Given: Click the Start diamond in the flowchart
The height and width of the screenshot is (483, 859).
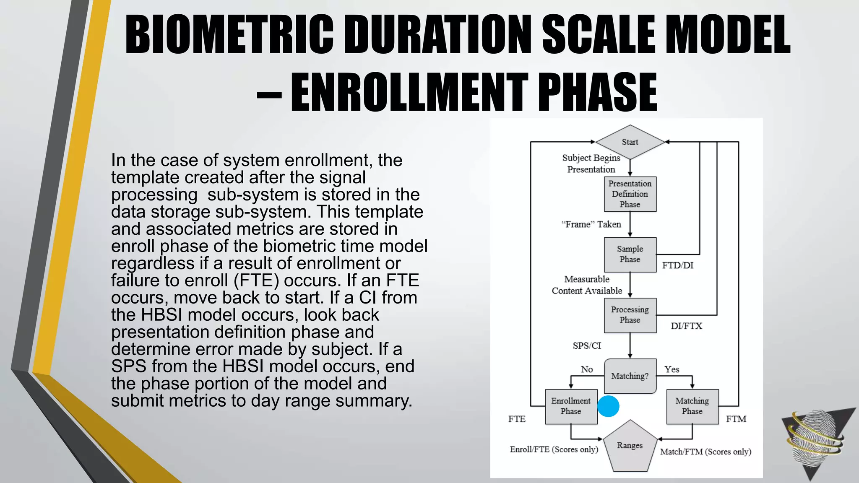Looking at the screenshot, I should click(x=630, y=142).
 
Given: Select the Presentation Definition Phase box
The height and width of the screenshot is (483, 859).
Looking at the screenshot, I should click(x=630, y=194).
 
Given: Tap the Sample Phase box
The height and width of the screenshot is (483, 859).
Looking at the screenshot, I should click(x=630, y=254).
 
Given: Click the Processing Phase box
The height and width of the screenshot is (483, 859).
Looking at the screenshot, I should click(x=630, y=315).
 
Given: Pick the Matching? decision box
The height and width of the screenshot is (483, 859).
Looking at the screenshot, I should click(x=630, y=376).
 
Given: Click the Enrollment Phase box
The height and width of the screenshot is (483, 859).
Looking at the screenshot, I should click(x=571, y=406).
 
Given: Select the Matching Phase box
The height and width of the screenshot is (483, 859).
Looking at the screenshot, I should click(x=692, y=406).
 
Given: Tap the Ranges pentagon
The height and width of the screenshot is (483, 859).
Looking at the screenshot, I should click(x=630, y=447).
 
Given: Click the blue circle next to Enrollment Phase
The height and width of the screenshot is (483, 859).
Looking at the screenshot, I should click(x=608, y=406).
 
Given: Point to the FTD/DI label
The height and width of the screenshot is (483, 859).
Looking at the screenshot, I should click(x=678, y=265).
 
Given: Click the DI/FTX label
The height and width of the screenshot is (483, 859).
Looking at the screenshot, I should click(x=686, y=326).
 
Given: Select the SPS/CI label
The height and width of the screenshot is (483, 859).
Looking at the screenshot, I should click(x=587, y=346).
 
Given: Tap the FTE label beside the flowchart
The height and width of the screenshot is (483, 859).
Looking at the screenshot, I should click(x=517, y=419).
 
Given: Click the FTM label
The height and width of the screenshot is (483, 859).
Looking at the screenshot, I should click(x=736, y=419).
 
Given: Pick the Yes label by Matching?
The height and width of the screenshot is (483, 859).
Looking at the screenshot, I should click(x=672, y=369).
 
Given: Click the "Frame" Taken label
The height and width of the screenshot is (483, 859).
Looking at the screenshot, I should click(x=591, y=224).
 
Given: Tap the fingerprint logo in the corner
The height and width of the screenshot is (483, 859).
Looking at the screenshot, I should click(x=815, y=440).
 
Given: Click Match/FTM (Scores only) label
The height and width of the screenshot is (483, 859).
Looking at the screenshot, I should click(x=705, y=452).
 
